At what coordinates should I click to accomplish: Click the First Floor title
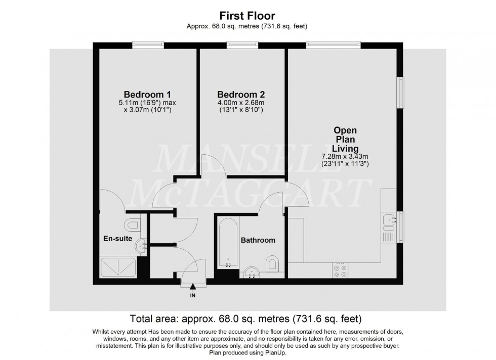[248, 16]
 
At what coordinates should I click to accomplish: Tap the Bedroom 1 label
[147, 95]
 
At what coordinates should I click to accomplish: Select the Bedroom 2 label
[241, 95]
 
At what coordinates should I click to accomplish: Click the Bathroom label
[258, 240]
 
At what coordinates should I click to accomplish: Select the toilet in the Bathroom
[272, 263]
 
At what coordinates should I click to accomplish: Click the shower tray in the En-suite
[118, 267]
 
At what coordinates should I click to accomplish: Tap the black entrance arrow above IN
[192, 287]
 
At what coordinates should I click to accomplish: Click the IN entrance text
[192, 295]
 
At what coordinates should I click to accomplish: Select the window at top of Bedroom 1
[146, 46]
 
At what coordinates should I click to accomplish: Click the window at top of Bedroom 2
[241, 46]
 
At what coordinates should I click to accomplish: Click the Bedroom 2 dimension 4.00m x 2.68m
[241, 103]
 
